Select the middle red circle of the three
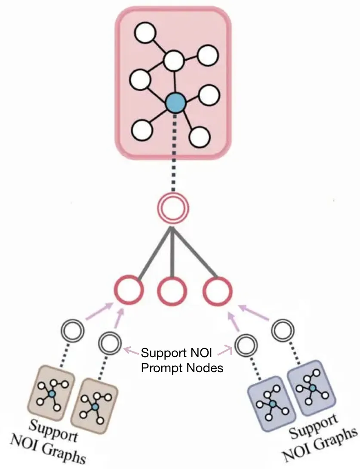coord(172,292)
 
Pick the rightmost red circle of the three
coord(217,292)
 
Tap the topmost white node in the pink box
coord(145,33)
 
